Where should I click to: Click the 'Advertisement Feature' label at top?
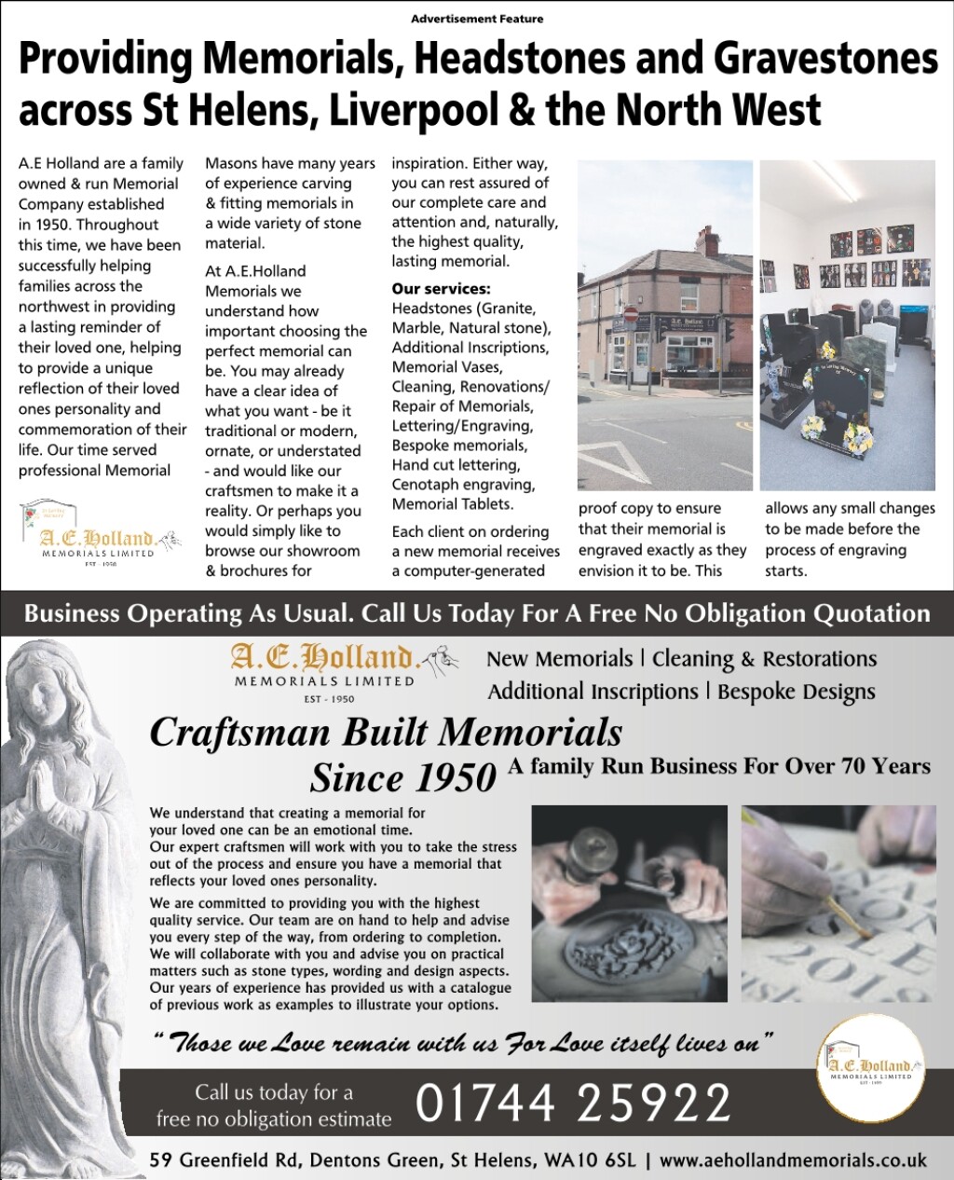pyautogui.click(x=477, y=19)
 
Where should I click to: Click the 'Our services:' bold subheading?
pyautogui.click(x=441, y=289)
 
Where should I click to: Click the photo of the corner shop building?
pyautogui.click(x=664, y=324)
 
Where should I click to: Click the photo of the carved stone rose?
pyautogui.click(x=629, y=904)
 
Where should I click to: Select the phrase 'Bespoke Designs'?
pyautogui.click(x=797, y=692)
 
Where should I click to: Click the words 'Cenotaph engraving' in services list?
pyautogui.click(x=463, y=485)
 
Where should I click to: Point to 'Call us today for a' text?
pyautogui.click(x=274, y=1092)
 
